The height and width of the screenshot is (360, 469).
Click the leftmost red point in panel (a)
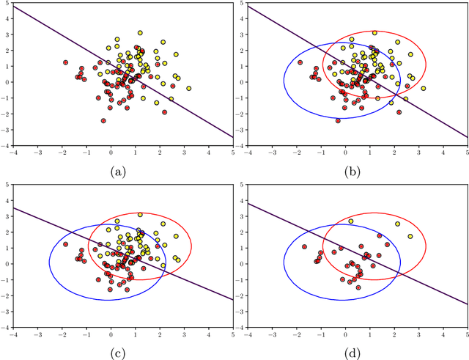65,62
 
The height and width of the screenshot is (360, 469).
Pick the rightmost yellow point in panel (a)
189,89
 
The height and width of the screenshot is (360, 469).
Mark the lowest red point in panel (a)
103,121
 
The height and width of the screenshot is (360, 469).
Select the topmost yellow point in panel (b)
374,33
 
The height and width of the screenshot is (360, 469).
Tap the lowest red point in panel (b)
338,120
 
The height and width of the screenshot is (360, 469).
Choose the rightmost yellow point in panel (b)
423,89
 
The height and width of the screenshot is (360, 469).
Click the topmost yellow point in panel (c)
140,214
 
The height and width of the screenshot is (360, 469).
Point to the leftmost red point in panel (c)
65,244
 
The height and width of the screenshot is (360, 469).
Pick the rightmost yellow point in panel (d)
411,236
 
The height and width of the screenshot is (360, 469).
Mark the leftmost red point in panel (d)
305,247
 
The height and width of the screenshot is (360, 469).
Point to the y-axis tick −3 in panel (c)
6,310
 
